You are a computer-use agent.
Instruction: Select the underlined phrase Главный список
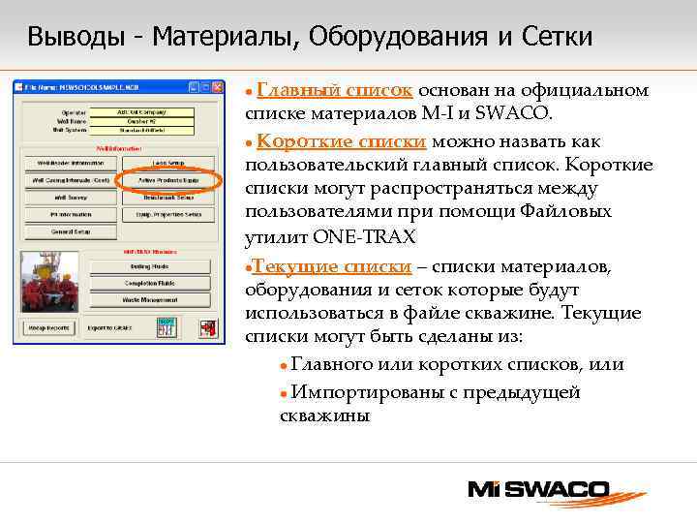tap(336, 91)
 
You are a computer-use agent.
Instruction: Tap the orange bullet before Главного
tap(282, 366)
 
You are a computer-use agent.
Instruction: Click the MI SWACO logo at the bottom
tap(538, 489)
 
